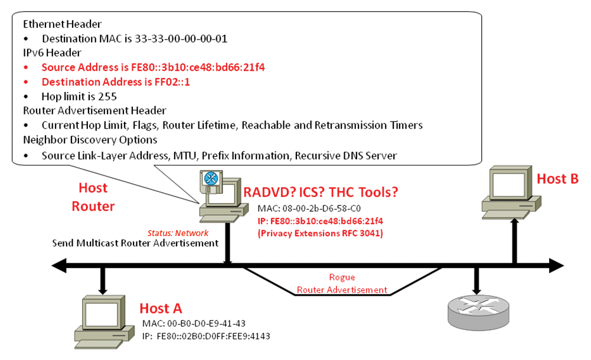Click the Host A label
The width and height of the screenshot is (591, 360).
161,309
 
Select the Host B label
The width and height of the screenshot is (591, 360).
557,179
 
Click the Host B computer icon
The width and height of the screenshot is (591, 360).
511,192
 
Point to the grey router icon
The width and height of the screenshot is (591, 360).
478,312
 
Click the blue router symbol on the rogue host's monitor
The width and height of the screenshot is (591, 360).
211,178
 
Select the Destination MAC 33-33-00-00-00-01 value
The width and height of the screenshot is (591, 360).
181,39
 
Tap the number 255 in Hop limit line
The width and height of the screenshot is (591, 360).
107,97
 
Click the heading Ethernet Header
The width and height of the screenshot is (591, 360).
62,24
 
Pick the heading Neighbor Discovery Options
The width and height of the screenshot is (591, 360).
90,140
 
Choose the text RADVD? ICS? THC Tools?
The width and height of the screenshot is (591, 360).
321,192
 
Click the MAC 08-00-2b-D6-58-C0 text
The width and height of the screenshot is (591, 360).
309,208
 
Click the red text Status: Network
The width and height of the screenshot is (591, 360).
178,233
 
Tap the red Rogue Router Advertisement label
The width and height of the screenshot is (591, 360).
342,283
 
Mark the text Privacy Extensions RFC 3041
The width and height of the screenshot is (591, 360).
321,234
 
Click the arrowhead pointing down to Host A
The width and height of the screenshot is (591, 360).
103,291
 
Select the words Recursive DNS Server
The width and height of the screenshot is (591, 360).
345,156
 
